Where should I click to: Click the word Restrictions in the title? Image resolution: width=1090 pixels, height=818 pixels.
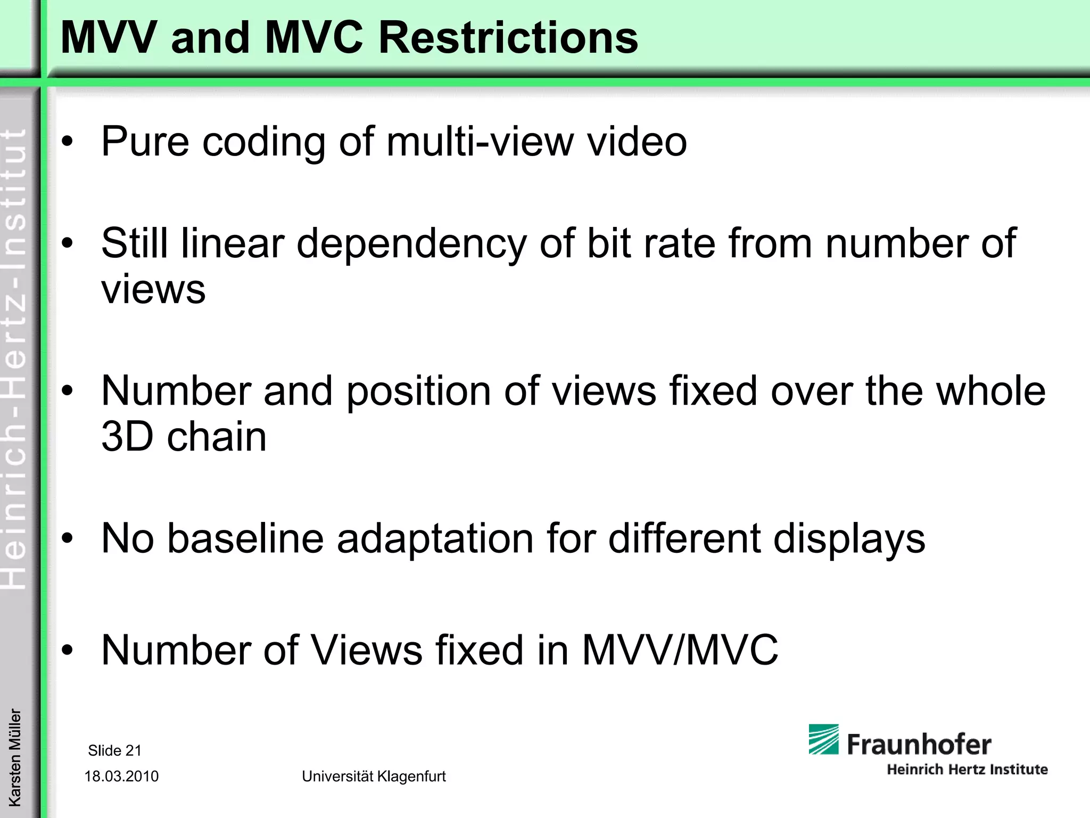coord(508,38)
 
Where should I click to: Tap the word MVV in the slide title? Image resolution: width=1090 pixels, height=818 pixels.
coord(109,38)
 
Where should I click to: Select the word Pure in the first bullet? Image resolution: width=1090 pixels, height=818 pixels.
coord(145,142)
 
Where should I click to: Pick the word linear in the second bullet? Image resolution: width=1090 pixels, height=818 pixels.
coord(232,243)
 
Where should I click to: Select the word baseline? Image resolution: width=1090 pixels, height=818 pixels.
coord(245,539)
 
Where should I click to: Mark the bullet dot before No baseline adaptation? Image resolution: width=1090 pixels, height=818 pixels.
coord(67,539)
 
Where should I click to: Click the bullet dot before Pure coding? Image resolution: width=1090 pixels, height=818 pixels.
coord(67,142)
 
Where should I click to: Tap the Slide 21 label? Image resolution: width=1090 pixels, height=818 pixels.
coord(114,750)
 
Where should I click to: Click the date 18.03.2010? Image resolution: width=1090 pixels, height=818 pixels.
coord(121,776)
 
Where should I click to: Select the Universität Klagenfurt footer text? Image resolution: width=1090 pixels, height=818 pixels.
coord(374,776)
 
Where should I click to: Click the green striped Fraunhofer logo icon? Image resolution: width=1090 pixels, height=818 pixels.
coord(823,739)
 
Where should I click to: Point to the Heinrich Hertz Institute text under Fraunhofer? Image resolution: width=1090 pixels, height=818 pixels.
coord(967,769)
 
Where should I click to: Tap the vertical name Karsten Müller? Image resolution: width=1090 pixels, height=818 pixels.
coord(15,757)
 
